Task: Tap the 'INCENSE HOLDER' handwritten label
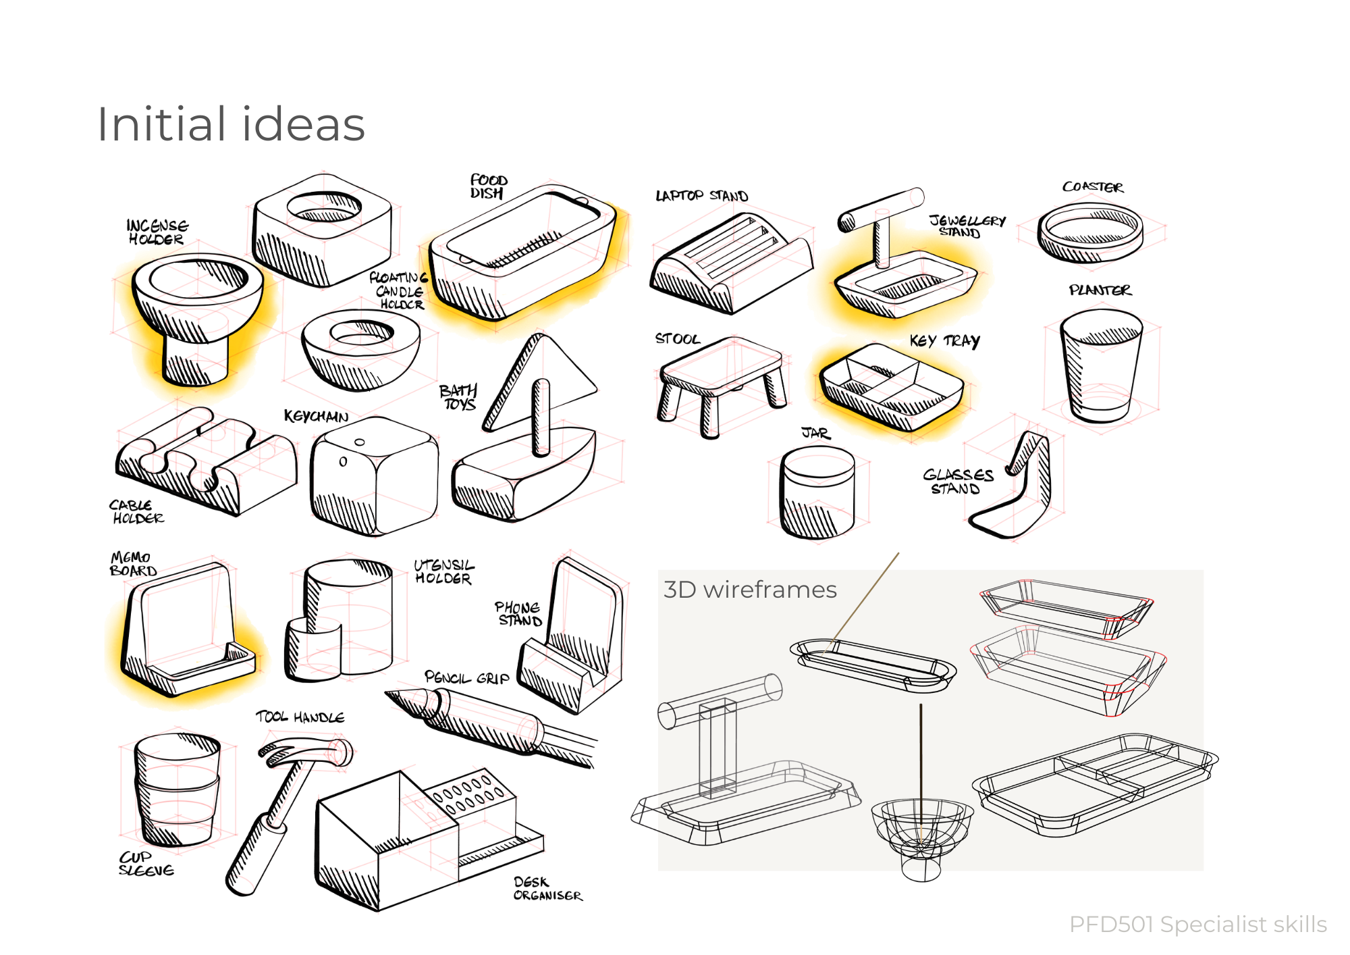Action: point(157,232)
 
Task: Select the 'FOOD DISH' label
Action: point(488,186)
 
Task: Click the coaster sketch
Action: point(1089,233)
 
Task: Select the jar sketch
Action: point(817,493)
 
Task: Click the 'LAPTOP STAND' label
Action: point(701,196)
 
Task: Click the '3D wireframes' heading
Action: point(750,590)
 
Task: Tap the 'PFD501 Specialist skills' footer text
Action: point(1198,924)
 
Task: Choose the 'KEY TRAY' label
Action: point(944,340)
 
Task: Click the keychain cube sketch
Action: point(373,476)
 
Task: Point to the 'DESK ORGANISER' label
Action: point(547,888)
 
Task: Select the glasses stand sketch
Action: point(1019,486)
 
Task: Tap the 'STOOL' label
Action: point(677,338)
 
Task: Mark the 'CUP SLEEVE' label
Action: point(146,864)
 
